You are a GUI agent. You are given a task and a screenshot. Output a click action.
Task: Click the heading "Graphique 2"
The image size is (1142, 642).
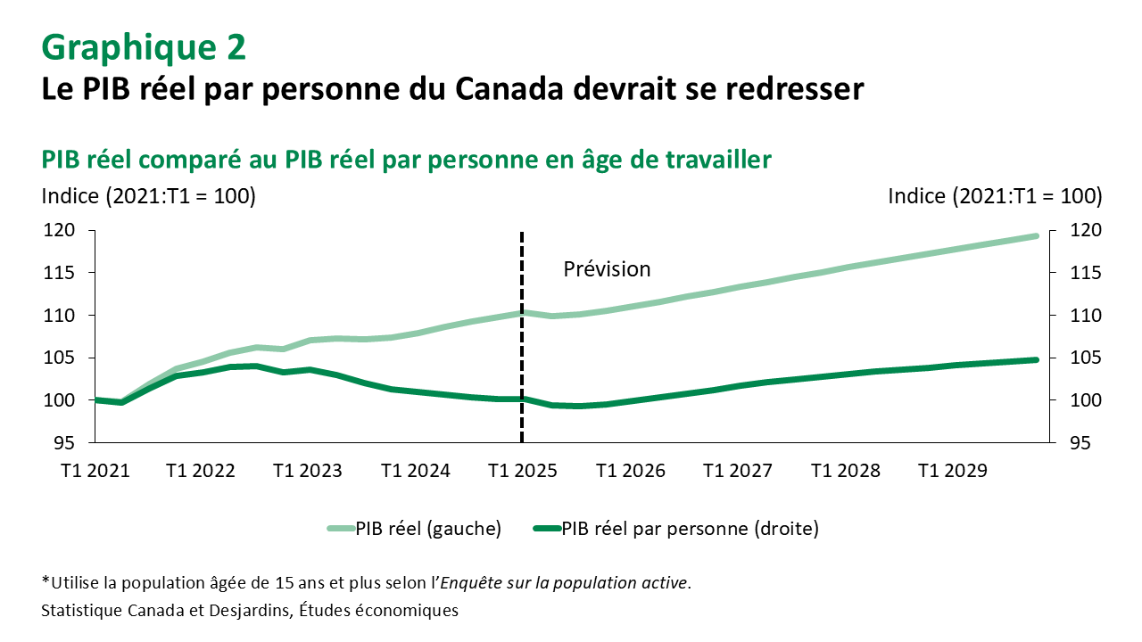pos(144,48)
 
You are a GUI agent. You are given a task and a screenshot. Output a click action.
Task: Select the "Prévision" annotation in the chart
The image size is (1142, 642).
pos(607,268)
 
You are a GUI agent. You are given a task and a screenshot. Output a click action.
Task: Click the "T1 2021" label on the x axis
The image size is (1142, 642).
pos(95,470)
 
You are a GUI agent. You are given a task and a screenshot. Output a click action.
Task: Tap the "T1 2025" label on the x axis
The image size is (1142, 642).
pos(522,470)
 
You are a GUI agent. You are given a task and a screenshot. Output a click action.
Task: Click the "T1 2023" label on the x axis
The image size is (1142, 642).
pos(308,470)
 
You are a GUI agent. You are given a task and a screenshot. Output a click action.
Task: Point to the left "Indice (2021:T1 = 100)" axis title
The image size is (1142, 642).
pos(149,196)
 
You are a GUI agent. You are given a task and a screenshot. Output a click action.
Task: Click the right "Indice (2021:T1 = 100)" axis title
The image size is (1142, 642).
pos(995,196)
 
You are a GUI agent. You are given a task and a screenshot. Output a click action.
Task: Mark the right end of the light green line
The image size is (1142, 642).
pos(1036,236)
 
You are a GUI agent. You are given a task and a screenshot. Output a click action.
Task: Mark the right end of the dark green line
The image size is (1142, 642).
pos(1036,360)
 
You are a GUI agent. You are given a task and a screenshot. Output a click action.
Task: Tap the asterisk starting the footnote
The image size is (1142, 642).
pos(46,582)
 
